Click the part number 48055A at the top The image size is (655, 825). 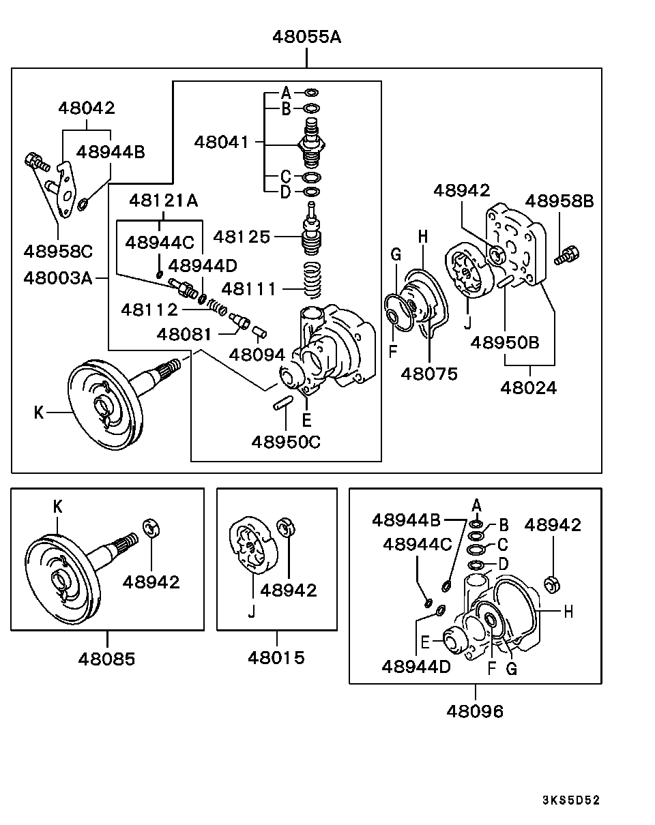click(x=306, y=36)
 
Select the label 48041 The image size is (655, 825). click(x=222, y=142)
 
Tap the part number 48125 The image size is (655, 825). click(x=242, y=237)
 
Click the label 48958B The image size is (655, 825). click(x=559, y=201)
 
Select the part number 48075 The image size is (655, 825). click(x=429, y=374)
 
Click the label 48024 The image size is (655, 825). click(x=528, y=387)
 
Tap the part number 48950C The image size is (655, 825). click(x=285, y=441)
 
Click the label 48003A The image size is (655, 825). click(x=57, y=278)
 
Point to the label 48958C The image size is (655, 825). click(x=58, y=251)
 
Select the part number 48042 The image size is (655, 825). click(x=87, y=107)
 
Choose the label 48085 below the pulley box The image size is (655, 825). click(x=106, y=659)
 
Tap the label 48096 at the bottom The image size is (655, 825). click(x=475, y=711)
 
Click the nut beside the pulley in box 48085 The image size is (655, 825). click(x=151, y=528)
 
